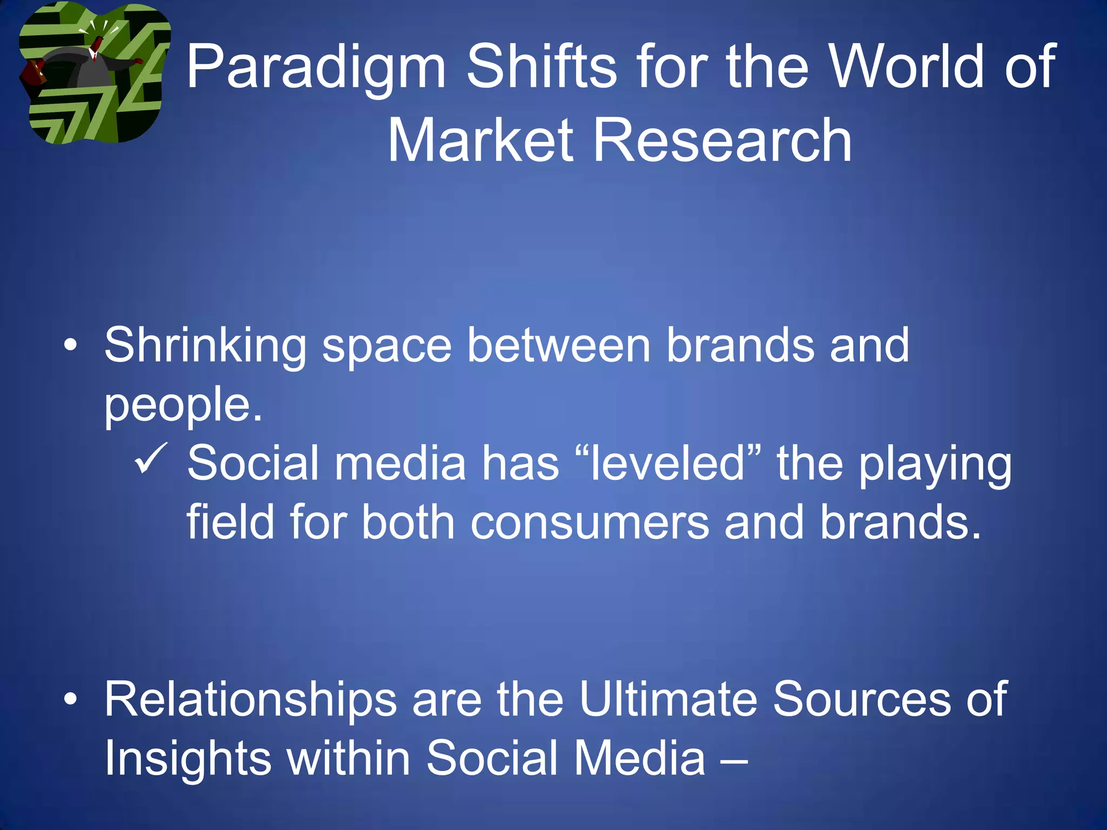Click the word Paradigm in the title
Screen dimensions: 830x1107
tap(316, 68)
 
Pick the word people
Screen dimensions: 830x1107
tap(183, 405)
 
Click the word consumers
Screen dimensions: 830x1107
tap(590, 522)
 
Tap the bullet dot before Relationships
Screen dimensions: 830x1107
tap(70, 699)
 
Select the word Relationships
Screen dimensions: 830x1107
tap(250, 700)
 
